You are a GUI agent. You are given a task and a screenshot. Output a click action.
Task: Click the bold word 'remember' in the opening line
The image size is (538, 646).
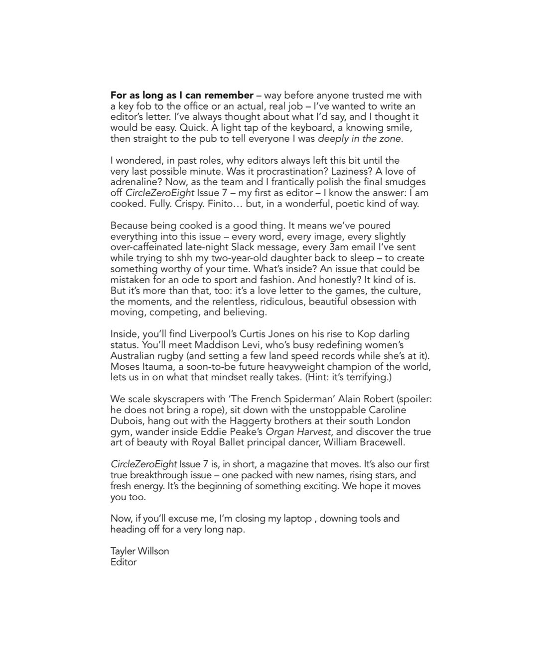[x=231, y=95]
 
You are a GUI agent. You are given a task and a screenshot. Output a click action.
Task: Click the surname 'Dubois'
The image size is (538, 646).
[x=127, y=421]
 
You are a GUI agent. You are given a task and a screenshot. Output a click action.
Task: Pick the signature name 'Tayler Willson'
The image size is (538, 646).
[x=139, y=551]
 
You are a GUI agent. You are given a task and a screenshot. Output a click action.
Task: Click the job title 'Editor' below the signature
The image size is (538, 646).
[x=124, y=562]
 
